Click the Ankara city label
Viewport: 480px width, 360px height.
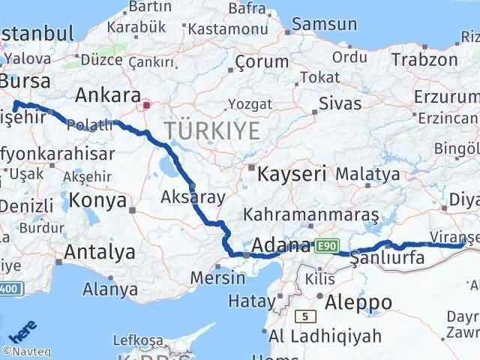click(x=108, y=96)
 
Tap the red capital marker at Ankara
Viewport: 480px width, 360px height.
click(x=148, y=106)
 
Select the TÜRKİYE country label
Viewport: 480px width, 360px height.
click(x=213, y=130)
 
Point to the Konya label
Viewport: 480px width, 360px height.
click(x=97, y=200)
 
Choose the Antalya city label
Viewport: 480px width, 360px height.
click(x=100, y=252)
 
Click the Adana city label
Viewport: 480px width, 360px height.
click(x=282, y=245)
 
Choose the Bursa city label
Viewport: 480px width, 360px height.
click(x=25, y=81)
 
